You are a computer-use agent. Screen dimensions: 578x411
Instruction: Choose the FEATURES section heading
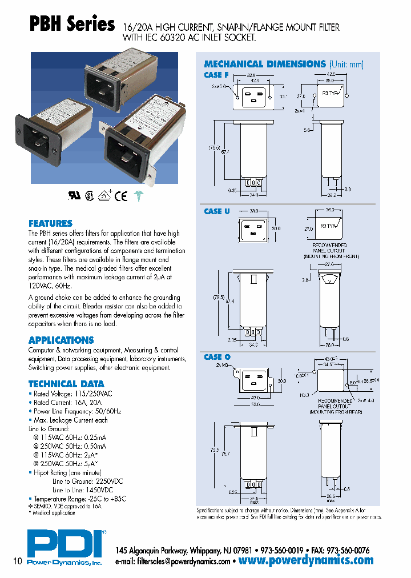(50, 223)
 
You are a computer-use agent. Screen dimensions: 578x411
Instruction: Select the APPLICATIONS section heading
(61, 340)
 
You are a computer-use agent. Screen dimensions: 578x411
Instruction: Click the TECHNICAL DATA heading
(66, 384)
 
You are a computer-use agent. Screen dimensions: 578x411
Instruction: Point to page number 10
(17, 561)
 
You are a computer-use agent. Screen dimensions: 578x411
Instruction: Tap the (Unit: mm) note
(346, 65)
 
